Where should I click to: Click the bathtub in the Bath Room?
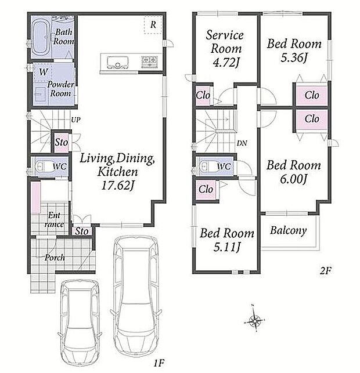point(41,38)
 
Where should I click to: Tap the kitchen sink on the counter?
point(118,62)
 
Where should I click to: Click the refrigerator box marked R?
point(153,25)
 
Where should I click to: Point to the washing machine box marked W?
point(43,71)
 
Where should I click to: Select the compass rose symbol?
point(254,320)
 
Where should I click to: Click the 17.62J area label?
point(118,186)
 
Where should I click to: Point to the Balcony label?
point(289,230)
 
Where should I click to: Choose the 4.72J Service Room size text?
point(225,62)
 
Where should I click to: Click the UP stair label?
point(75,120)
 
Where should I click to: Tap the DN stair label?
point(242,143)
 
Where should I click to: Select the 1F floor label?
point(159,363)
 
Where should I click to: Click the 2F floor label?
point(325,270)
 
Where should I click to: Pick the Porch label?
point(55,258)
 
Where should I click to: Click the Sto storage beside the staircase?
point(61,143)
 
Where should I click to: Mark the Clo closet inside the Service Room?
point(203,95)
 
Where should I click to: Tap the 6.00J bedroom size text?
point(294,179)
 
